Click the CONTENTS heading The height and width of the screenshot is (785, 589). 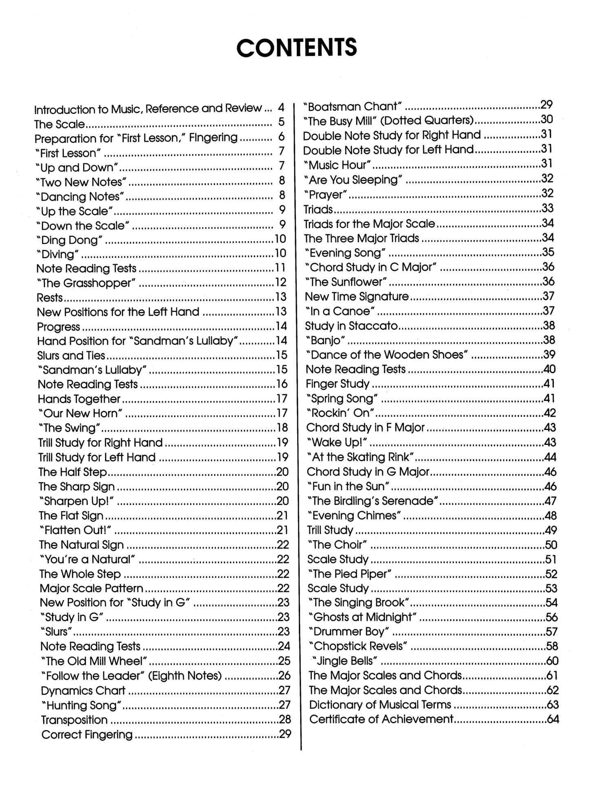point(296,48)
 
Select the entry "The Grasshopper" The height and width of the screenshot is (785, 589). point(86,283)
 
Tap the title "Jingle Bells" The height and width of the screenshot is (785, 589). point(344,661)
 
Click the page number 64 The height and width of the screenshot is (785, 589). point(552,719)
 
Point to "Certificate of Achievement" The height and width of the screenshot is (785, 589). point(381,719)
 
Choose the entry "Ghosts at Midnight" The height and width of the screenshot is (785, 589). point(363,617)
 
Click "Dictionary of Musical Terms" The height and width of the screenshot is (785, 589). point(380,704)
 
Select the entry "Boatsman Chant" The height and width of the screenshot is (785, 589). point(353,106)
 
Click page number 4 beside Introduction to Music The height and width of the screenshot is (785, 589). point(281,108)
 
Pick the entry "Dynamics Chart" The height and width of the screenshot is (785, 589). point(83,690)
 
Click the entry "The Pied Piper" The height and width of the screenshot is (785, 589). point(350,574)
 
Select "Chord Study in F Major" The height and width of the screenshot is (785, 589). point(365,427)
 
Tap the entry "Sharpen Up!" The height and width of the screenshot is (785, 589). point(76,501)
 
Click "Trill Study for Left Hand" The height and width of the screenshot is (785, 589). point(97,457)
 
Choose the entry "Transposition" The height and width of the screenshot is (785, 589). point(75,720)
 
